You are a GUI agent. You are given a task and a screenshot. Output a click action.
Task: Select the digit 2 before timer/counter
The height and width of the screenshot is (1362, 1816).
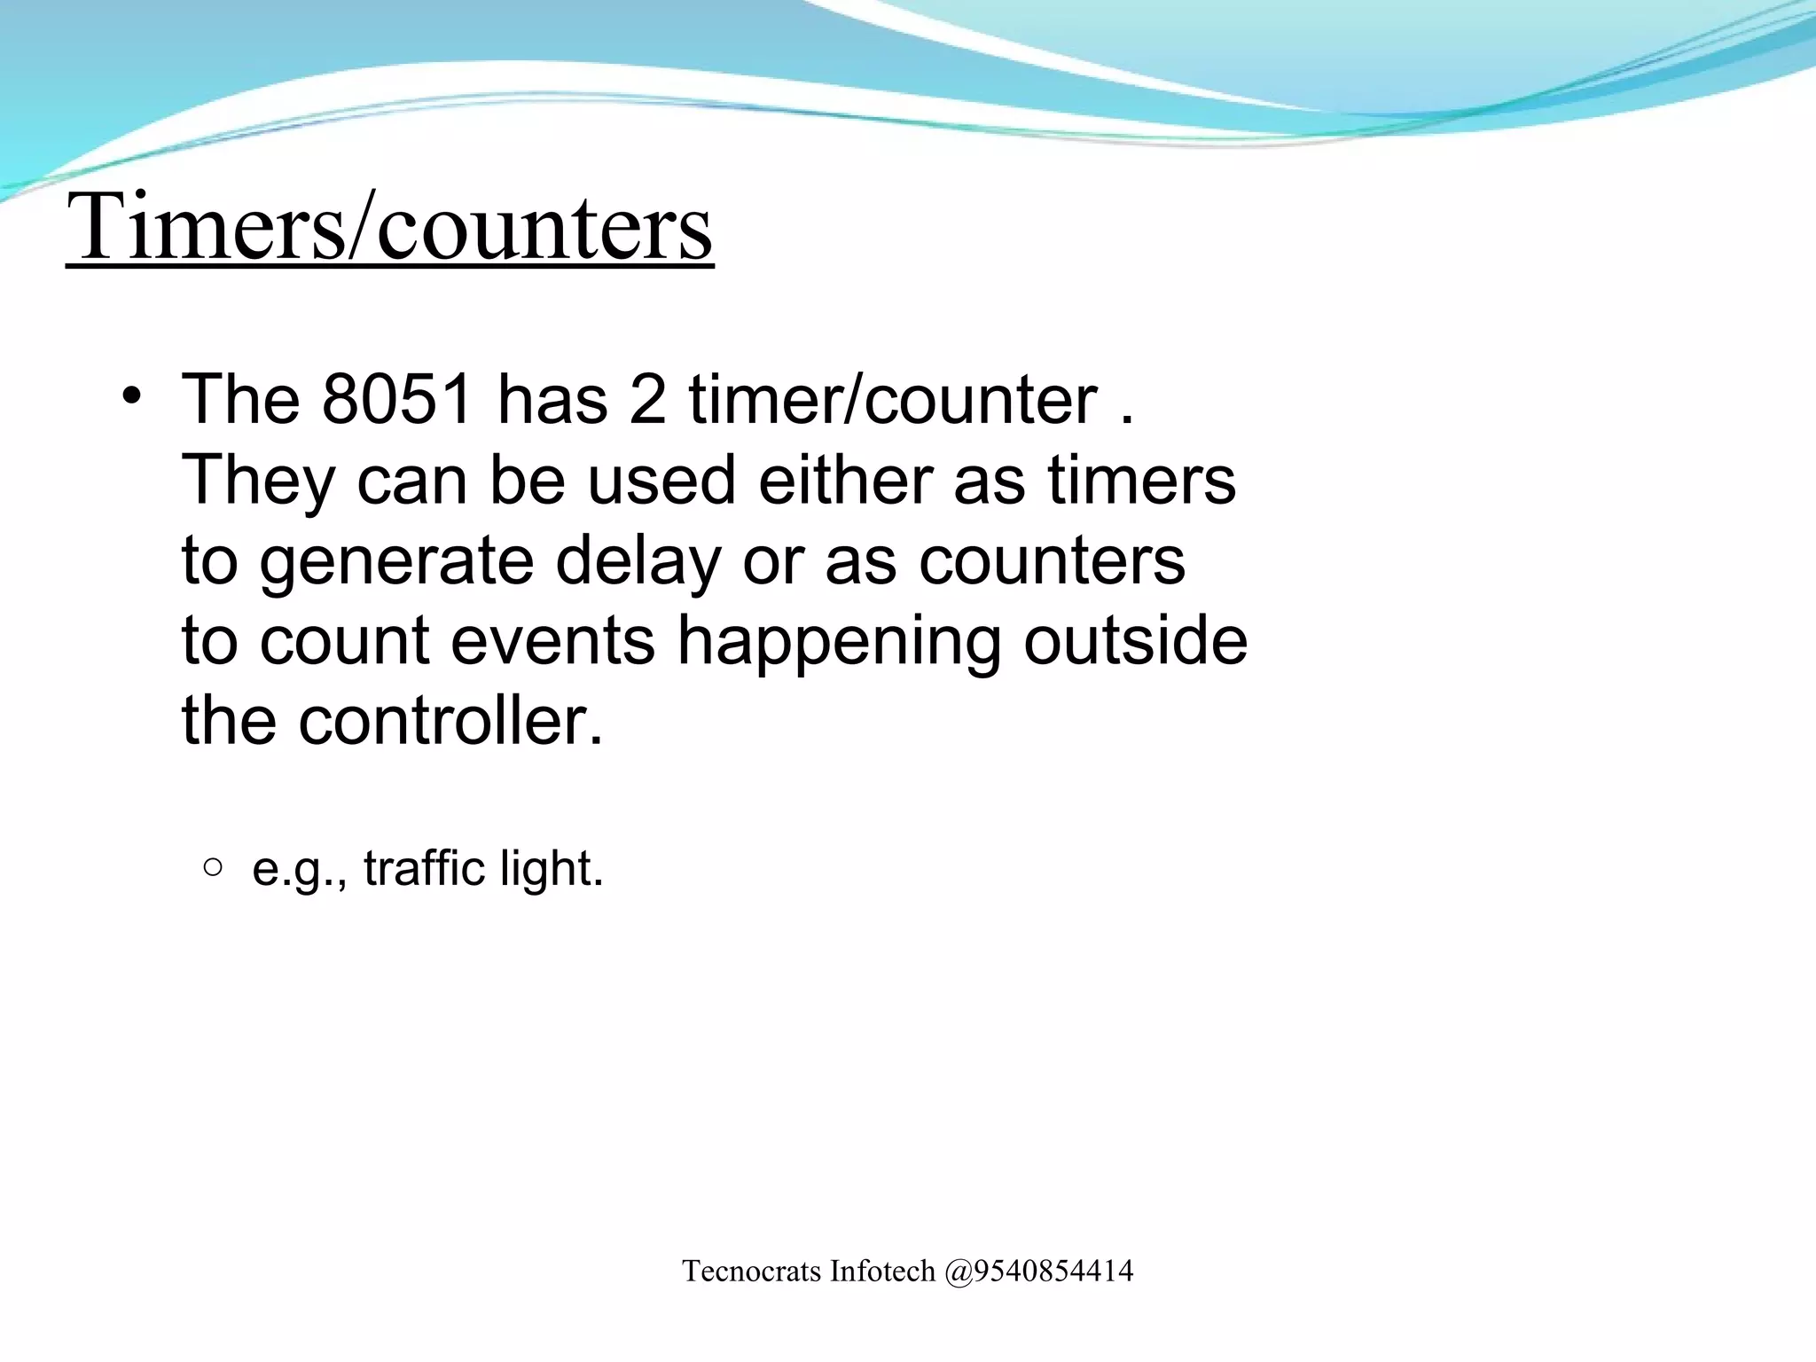[x=646, y=400]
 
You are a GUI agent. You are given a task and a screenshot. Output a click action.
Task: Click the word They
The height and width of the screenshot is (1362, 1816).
[x=258, y=481]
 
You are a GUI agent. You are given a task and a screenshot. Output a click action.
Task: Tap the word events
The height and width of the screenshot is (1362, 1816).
[x=552, y=640]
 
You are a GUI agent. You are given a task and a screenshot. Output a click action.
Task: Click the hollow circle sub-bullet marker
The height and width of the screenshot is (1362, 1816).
[x=212, y=866]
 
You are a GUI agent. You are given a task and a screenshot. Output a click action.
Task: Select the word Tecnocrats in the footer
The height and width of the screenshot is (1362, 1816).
[x=753, y=1272]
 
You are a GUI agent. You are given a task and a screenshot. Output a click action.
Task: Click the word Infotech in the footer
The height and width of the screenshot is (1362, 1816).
[x=882, y=1272]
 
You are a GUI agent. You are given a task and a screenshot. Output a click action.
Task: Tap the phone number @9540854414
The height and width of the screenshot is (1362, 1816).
[x=1038, y=1272]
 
